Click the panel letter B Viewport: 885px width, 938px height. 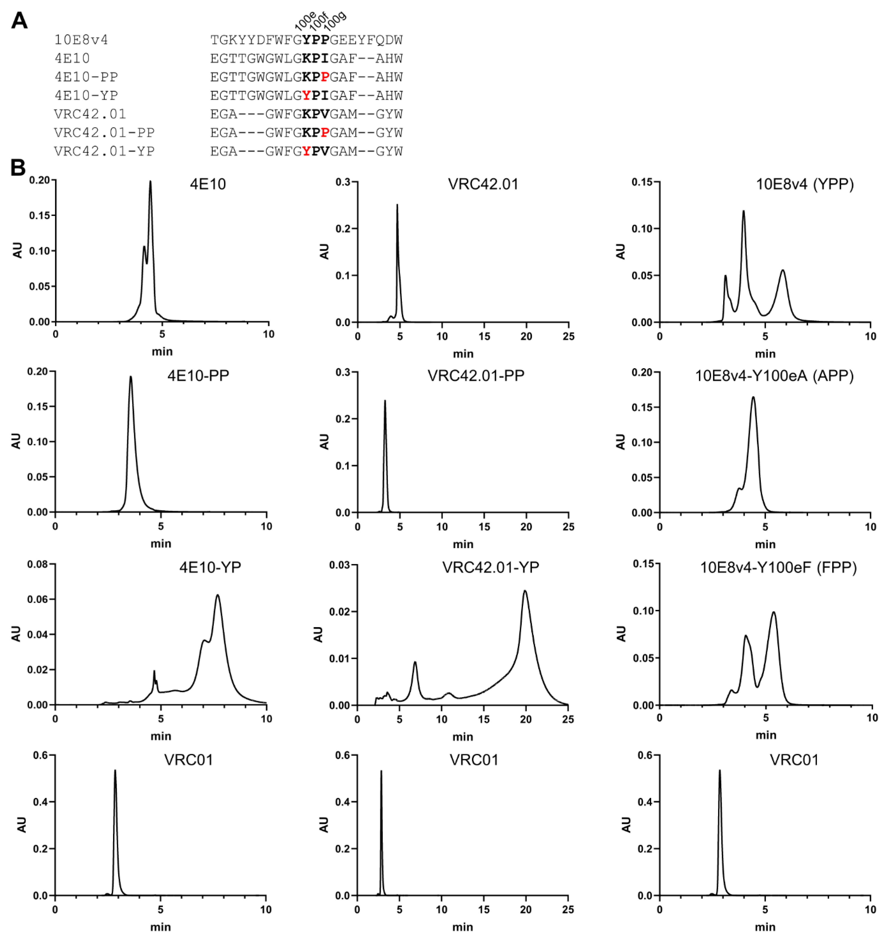click(x=18, y=167)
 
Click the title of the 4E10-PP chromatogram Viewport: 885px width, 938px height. click(x=198, y=376)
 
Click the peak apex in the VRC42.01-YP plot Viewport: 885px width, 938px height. click(x=525, y=591)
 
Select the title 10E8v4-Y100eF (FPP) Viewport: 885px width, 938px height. click(x=778, y=567)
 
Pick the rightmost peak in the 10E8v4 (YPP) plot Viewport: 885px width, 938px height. click(x=783, y=270)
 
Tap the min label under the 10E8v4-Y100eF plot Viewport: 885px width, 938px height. click(x=766, y=735)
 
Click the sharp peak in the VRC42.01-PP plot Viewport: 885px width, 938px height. click(x=385, y=401)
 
